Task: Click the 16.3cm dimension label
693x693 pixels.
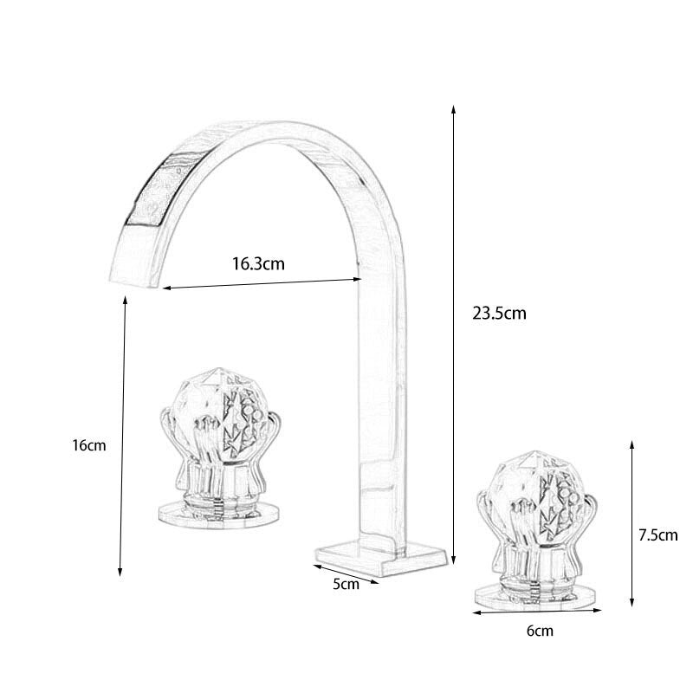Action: point(257,264)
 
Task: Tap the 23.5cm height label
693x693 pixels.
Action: point(499,314)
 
